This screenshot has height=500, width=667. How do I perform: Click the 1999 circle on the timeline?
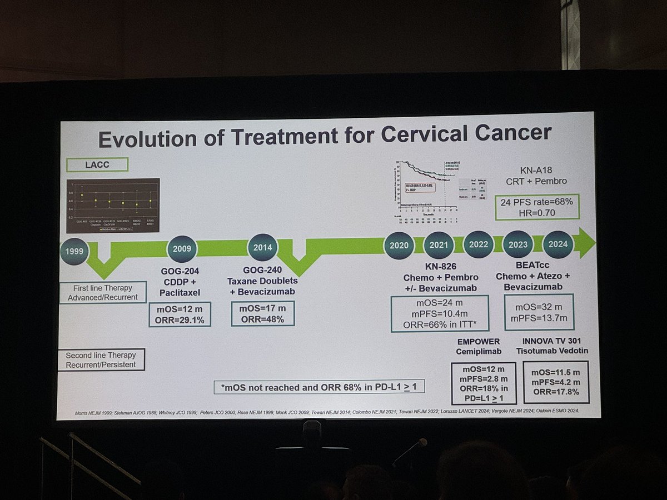coord(74,251)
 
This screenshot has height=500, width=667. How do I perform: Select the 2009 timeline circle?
coord(182,248)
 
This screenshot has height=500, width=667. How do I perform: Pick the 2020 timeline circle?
coord(399,244)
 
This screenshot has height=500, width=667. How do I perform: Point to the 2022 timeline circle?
coord(479,244)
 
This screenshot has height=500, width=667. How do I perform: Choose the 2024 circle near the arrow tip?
coord(558,244)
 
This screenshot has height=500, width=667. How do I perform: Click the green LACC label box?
coord(97,164)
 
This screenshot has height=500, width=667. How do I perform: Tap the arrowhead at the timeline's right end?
coord(585,243)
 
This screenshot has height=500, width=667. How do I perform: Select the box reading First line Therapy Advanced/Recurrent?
coord(103,292)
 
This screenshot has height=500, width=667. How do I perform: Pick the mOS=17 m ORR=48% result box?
coord(262,313)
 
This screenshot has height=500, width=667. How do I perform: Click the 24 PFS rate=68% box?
coord(537,207)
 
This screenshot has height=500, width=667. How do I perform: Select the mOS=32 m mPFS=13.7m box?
coord(538,312)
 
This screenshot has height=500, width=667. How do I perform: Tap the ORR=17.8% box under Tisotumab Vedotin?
coord(556,382)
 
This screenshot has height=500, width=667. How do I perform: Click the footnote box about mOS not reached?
coord(319,387)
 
